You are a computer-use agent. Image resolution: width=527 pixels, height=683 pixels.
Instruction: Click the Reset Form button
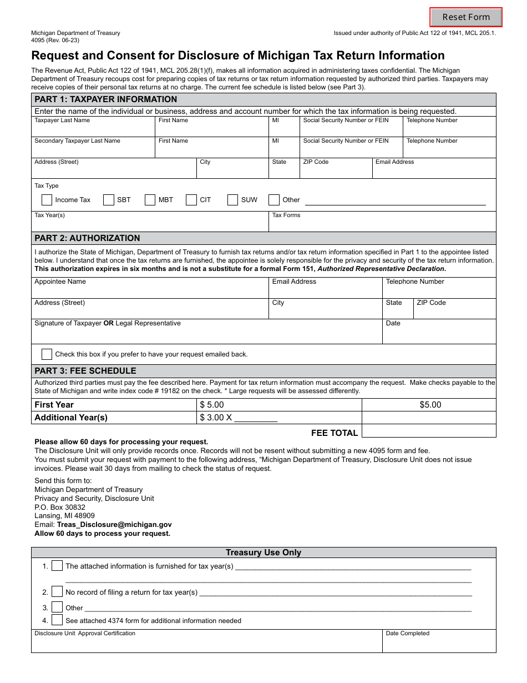coord(466,17)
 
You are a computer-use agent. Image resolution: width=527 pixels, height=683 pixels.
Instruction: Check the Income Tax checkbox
coord(47,200)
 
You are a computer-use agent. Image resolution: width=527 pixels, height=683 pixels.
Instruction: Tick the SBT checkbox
coord(109,200)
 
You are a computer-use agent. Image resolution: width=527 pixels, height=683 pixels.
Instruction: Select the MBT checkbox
coord(150,200)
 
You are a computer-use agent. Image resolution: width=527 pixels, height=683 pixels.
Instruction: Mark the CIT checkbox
coord(191,200)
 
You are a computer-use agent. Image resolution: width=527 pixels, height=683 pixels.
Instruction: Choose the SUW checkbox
coord(233,200)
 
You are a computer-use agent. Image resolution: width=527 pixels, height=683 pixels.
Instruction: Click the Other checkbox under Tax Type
coord(274,200)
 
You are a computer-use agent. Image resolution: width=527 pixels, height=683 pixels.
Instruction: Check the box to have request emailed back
coord(47,354)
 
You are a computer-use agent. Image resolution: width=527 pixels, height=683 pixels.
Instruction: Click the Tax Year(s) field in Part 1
coord(150,224)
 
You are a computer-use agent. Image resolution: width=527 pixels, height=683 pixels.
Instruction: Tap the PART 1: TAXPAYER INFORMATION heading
coord(106,99)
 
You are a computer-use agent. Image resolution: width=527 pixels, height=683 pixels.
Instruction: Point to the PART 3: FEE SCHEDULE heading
coord(85,371)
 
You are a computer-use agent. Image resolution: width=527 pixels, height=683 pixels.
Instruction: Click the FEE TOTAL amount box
coord(429,432)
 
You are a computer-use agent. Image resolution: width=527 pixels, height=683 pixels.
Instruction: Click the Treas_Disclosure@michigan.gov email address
coord(114,525)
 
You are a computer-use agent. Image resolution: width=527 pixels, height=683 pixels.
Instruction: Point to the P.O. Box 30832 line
coord(60,507)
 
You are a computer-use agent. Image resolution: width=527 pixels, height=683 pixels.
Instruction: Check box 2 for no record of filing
coord(57,592)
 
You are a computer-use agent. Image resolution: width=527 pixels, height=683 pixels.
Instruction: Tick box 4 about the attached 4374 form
coord(57,620)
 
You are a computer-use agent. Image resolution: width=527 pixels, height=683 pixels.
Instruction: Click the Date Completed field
coord(439,644)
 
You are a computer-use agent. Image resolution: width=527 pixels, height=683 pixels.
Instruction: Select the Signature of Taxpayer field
coord(206,334)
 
